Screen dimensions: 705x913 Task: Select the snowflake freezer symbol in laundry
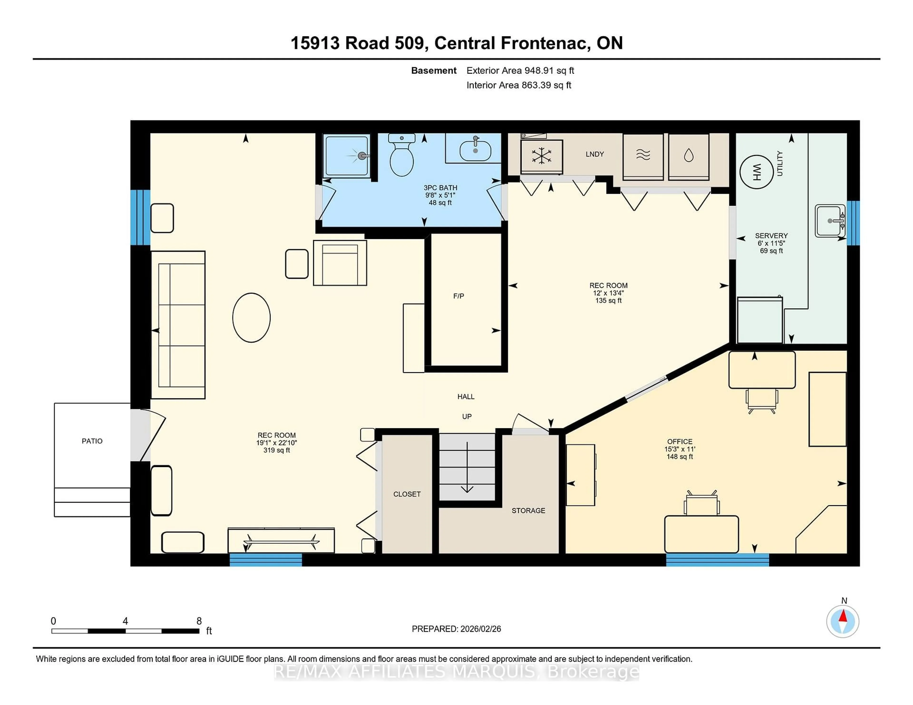point(541,156)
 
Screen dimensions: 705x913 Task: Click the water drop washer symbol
point(689,156)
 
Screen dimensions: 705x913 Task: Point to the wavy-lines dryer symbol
point(643,155)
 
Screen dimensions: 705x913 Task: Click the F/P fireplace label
point(459,296)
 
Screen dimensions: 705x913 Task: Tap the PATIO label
point(92,441)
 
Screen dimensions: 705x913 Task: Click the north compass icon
point(843,621)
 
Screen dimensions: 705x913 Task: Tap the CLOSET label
point(407,494)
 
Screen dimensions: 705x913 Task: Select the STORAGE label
point(528,510)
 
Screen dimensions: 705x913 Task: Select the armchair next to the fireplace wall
point(340,263)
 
